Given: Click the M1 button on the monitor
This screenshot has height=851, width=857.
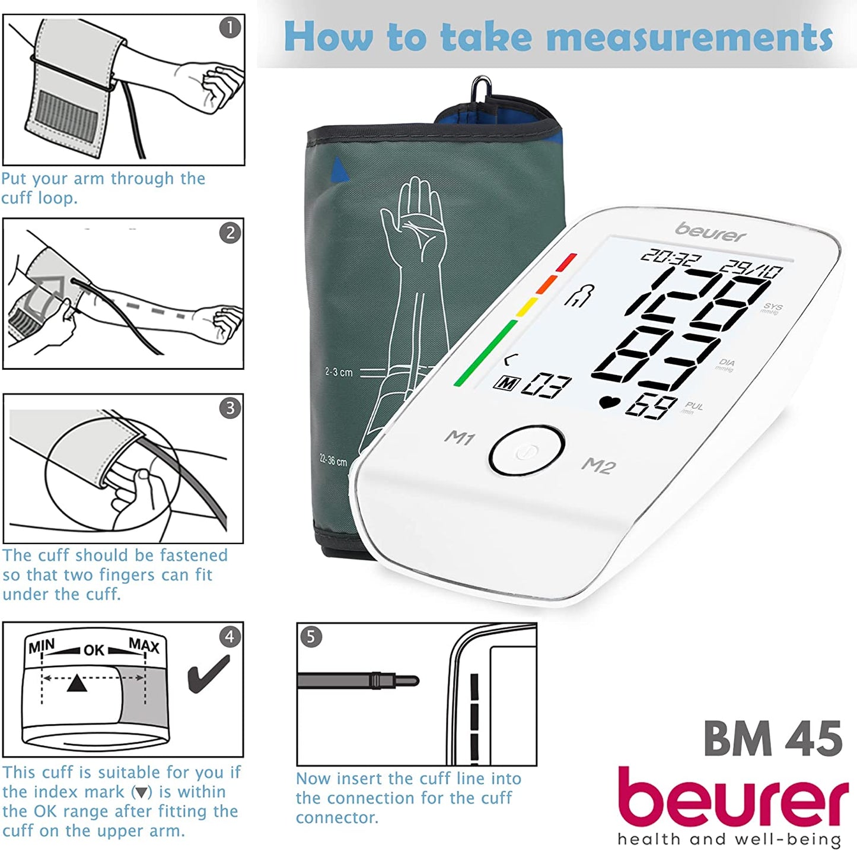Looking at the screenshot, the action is click(x=460, y=438).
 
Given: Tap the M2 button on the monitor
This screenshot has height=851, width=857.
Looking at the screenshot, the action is click(x=599, y=465).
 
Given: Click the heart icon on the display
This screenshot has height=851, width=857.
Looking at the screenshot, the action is click(x=610, y=402).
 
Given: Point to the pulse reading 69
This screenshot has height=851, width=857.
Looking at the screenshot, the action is click(x=651, y=407).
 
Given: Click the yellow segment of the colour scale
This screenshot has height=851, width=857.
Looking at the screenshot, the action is click(x=527, y=307).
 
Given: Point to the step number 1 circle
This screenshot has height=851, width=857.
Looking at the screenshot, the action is click(x=230, y=28).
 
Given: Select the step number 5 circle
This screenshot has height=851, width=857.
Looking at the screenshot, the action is click(x=311, y=637).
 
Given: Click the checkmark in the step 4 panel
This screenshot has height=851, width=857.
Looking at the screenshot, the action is click(x=208, y=674).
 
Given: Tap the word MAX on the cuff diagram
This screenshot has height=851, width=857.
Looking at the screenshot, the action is click(x=144, y=645).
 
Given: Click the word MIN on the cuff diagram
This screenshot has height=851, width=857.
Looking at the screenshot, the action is click(x=42, y=646).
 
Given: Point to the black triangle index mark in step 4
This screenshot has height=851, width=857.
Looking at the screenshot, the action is click(x=77, y=683).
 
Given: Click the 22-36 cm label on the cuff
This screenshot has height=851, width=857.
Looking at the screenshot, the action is click(x=333, y=461).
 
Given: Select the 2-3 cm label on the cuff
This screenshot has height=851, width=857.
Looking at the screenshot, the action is click(x=339, y=371).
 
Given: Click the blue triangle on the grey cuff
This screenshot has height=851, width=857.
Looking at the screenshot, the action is click(x=339, y=170).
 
